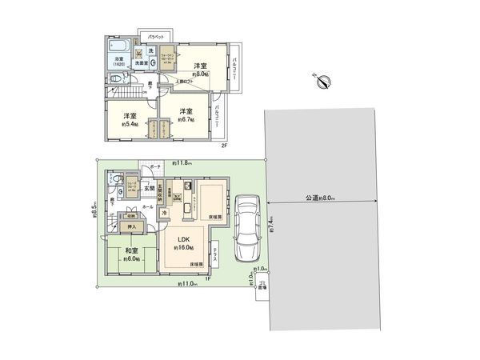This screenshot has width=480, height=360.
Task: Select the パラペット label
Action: tap(155, 37)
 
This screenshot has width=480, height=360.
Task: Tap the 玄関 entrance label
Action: tap(150, 189)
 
